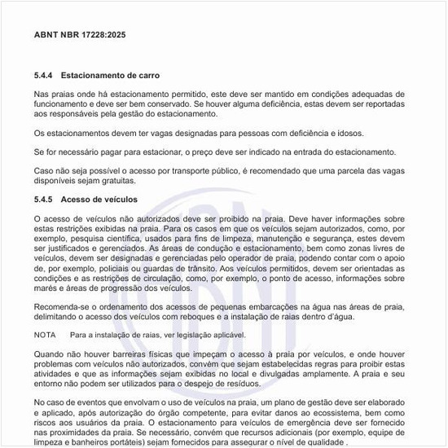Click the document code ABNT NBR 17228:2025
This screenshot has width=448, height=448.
coord(80,37)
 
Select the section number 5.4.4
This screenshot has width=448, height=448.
coord(45,75)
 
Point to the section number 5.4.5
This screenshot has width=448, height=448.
coord(45,199)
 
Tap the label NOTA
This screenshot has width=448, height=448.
coord(45,335)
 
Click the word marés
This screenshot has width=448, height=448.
coord(47,288)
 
